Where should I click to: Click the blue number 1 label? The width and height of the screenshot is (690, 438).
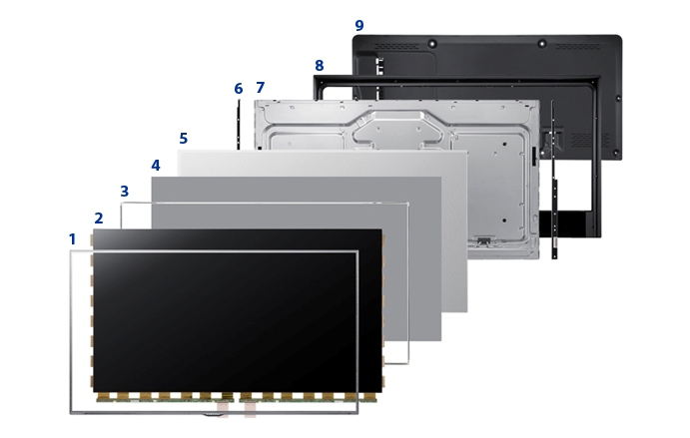pyautogui.click(x=73, y=239)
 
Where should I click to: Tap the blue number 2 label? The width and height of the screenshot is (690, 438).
pyautogui.click(x=99, y=219)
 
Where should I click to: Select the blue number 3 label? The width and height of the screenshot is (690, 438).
pyautogui.click(x=125, y=192)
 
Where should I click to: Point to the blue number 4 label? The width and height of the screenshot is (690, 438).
pyautogui.click(x=156, y=166)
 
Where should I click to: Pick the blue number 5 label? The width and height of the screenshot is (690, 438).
pyautogui.click(x=184, y=139)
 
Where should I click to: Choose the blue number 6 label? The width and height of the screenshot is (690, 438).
pyautogui.click(x=238, y=89)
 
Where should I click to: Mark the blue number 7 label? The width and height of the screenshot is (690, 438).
pyautogui.click(x=261, y=88)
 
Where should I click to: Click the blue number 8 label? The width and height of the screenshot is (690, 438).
pyautogui.click(x=320, y=66)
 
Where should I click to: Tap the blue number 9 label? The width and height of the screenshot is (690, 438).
pyautogui.click(x=359, y=26)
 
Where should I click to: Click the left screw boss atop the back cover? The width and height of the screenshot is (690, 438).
pyautogui.click(x=432, y=44)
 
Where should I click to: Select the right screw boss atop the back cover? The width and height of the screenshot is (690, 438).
pyautogui.click(x=542, y=44)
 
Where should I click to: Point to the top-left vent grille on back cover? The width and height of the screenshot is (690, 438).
pyautogui.click(x=396, y=46)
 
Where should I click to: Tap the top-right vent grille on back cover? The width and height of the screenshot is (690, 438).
pyautogui.click(x=578, y=46)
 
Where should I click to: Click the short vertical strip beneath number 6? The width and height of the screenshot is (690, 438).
pyautogui.click(x=239, y=125)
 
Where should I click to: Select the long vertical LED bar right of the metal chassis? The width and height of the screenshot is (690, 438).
pyautogui.click(x=553, y=180)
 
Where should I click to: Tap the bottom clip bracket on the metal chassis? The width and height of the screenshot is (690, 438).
pyautogui.click(x=483, y=241)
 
